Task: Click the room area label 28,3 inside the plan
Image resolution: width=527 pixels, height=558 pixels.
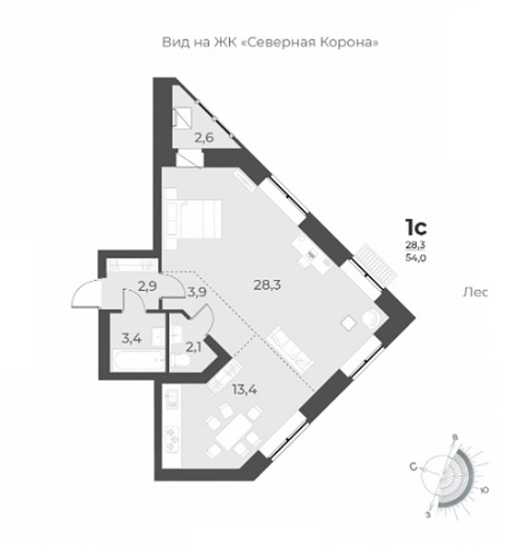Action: [x=267, y=285]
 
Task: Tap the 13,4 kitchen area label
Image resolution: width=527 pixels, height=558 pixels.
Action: [x=244, y=389]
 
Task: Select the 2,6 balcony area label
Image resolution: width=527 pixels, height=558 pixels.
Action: [x=204, y=137]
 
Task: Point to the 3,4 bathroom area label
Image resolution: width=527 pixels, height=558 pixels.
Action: [x=132, y=339]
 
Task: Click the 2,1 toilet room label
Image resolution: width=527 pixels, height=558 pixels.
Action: [x=194, y=347]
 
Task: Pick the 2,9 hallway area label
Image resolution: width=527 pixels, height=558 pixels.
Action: [x=148, y=287]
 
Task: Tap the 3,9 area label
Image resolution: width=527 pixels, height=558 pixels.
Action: [x=196, y=293]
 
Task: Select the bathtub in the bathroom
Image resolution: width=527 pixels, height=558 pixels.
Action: [x=138, y=361]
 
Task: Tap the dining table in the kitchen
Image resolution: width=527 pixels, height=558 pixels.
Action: [x=233, y=432]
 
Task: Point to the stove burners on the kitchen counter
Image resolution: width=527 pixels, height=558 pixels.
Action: [x=173, y=440]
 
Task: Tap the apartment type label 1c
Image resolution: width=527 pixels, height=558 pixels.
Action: [x=416, y=228]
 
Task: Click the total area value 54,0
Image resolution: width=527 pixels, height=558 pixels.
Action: [x=416, y=258]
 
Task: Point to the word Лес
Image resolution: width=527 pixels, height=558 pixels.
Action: [x=475, y=293]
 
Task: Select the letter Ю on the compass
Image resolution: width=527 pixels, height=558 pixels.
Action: [x=484, y=490]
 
